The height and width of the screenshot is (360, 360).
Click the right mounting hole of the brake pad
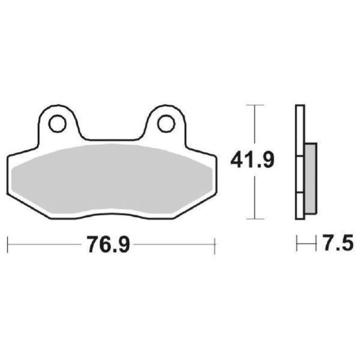[x=166, y=122]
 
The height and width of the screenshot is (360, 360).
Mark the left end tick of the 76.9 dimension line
[x=8, y=246]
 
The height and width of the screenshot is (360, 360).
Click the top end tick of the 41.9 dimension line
[x=255, y=105]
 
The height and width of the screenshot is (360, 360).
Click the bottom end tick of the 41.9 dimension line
[x=255, y=219]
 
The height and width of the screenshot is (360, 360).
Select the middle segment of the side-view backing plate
[x=300, y=175]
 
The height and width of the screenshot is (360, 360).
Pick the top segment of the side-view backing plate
[x=300, y=130]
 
